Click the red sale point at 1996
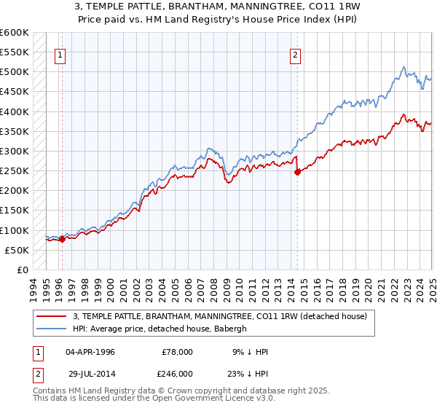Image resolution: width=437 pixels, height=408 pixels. [x=62, y=238]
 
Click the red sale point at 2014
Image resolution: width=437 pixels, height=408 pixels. [x=297, y=173]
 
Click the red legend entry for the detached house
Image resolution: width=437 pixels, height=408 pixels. [x=224, y=315]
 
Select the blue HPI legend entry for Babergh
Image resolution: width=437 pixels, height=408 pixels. [x=160, y=329]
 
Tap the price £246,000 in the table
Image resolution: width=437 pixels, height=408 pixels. [x=177, y=373]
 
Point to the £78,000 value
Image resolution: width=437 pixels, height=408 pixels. [x=177, y=351]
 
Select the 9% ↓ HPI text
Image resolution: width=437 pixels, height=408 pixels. [x=249, y=351]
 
